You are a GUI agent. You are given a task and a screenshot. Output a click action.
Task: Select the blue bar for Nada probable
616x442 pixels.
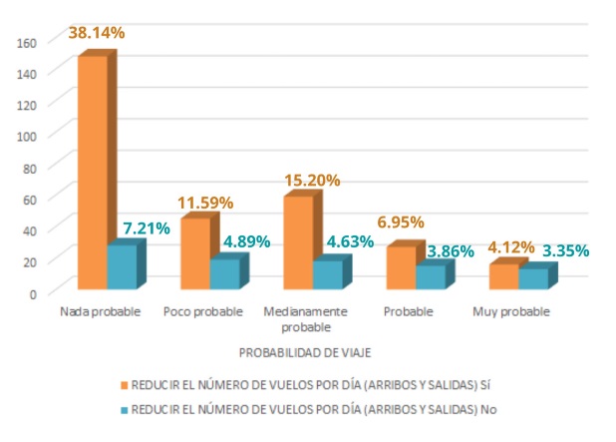coord(121,267)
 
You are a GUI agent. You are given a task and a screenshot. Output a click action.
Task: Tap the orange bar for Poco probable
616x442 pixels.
coord(194,254)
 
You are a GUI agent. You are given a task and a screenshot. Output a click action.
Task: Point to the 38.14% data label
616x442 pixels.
coord(96,33)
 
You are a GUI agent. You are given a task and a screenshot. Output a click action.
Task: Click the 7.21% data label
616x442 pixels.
coord(146,228)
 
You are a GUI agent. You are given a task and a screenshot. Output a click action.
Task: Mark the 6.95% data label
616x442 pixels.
coord(399,222)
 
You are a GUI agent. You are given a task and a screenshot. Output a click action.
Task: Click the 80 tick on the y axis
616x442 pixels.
coord(30,168)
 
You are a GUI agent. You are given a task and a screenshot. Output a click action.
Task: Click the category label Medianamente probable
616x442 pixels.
coord(305,318)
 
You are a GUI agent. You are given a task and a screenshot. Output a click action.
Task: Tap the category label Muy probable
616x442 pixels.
coord(510,311)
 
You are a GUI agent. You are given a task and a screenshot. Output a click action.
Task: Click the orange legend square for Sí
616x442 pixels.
coord(125,383)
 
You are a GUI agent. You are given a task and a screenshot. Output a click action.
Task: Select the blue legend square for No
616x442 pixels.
coord(125,409)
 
